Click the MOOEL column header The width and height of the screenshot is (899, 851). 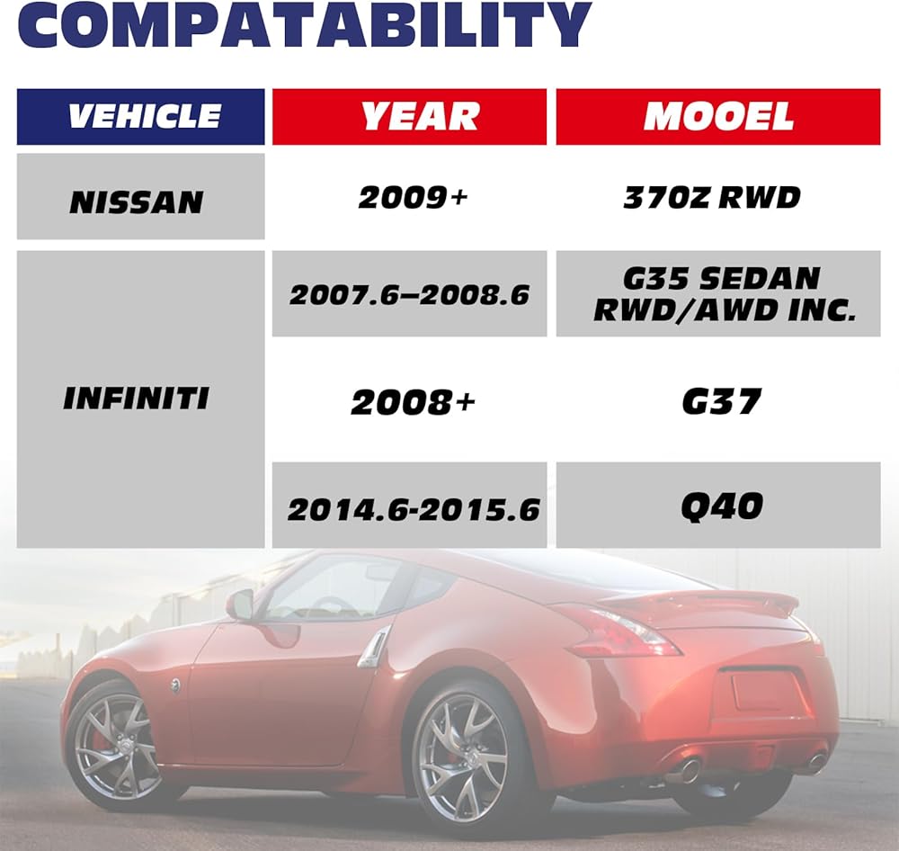[717, 116]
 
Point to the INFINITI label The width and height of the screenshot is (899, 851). [136, 399]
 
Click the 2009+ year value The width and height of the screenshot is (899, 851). [413, 198]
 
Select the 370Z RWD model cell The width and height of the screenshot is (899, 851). [711, 198]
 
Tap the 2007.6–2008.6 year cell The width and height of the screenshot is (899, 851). [409, 294]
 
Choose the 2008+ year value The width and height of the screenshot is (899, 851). [413, 402]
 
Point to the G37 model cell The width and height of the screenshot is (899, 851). [721, 401]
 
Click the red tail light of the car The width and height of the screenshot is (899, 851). [622, 631]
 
